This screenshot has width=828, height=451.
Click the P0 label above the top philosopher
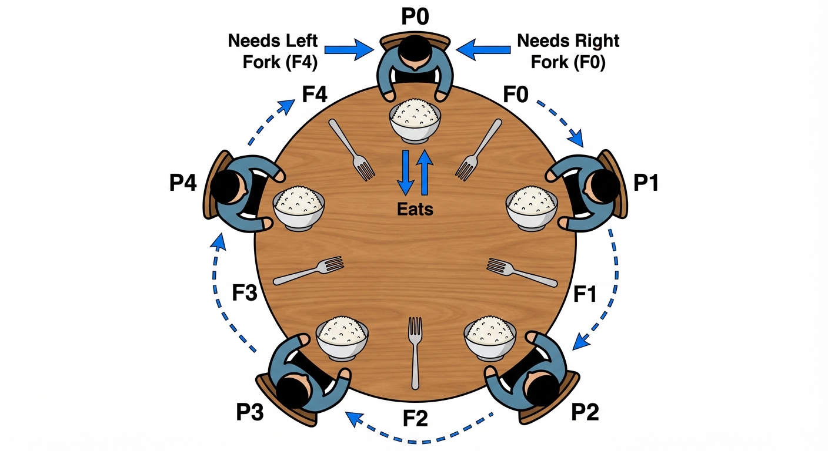coord(416,16)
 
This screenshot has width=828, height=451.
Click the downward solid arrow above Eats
coord(405,172)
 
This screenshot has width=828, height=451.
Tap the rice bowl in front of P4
coord(299,207)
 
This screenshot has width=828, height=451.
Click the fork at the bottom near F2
coord(416,352)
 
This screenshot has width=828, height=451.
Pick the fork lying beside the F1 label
coord(522,272)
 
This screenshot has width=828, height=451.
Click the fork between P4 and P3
coord(309,271)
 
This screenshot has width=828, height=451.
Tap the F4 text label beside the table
coord(314,94)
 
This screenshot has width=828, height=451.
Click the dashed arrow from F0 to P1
coord(560,121)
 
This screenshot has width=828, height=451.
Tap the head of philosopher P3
coord(292,389)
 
